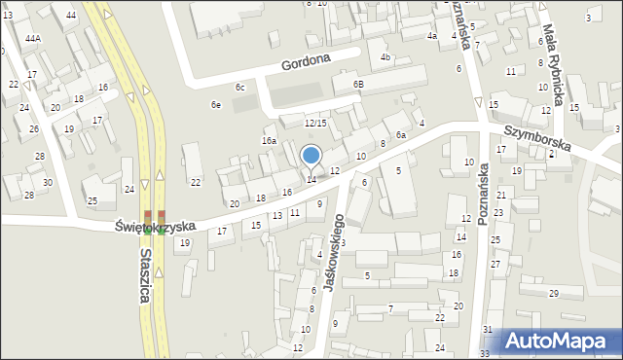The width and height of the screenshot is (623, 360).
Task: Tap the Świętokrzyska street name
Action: [155, 226]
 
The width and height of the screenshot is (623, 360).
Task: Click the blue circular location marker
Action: [311, 155]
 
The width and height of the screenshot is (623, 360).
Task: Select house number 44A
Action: [33, 39]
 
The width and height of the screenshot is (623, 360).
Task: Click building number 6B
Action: [358, 85]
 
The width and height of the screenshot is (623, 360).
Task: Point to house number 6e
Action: [215, 105]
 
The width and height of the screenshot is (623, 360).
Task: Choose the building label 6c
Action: [239, 89]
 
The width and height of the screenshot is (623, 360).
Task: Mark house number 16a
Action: [269, 141]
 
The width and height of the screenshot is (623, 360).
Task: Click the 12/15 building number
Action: [314, 123]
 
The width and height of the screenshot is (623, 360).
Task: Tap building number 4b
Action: [385, 57]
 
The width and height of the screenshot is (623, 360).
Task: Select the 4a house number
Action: [432, 36]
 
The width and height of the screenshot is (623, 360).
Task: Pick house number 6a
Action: [400, 135]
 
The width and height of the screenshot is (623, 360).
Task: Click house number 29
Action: [553, 294]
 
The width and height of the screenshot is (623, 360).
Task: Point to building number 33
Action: [486, 352]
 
